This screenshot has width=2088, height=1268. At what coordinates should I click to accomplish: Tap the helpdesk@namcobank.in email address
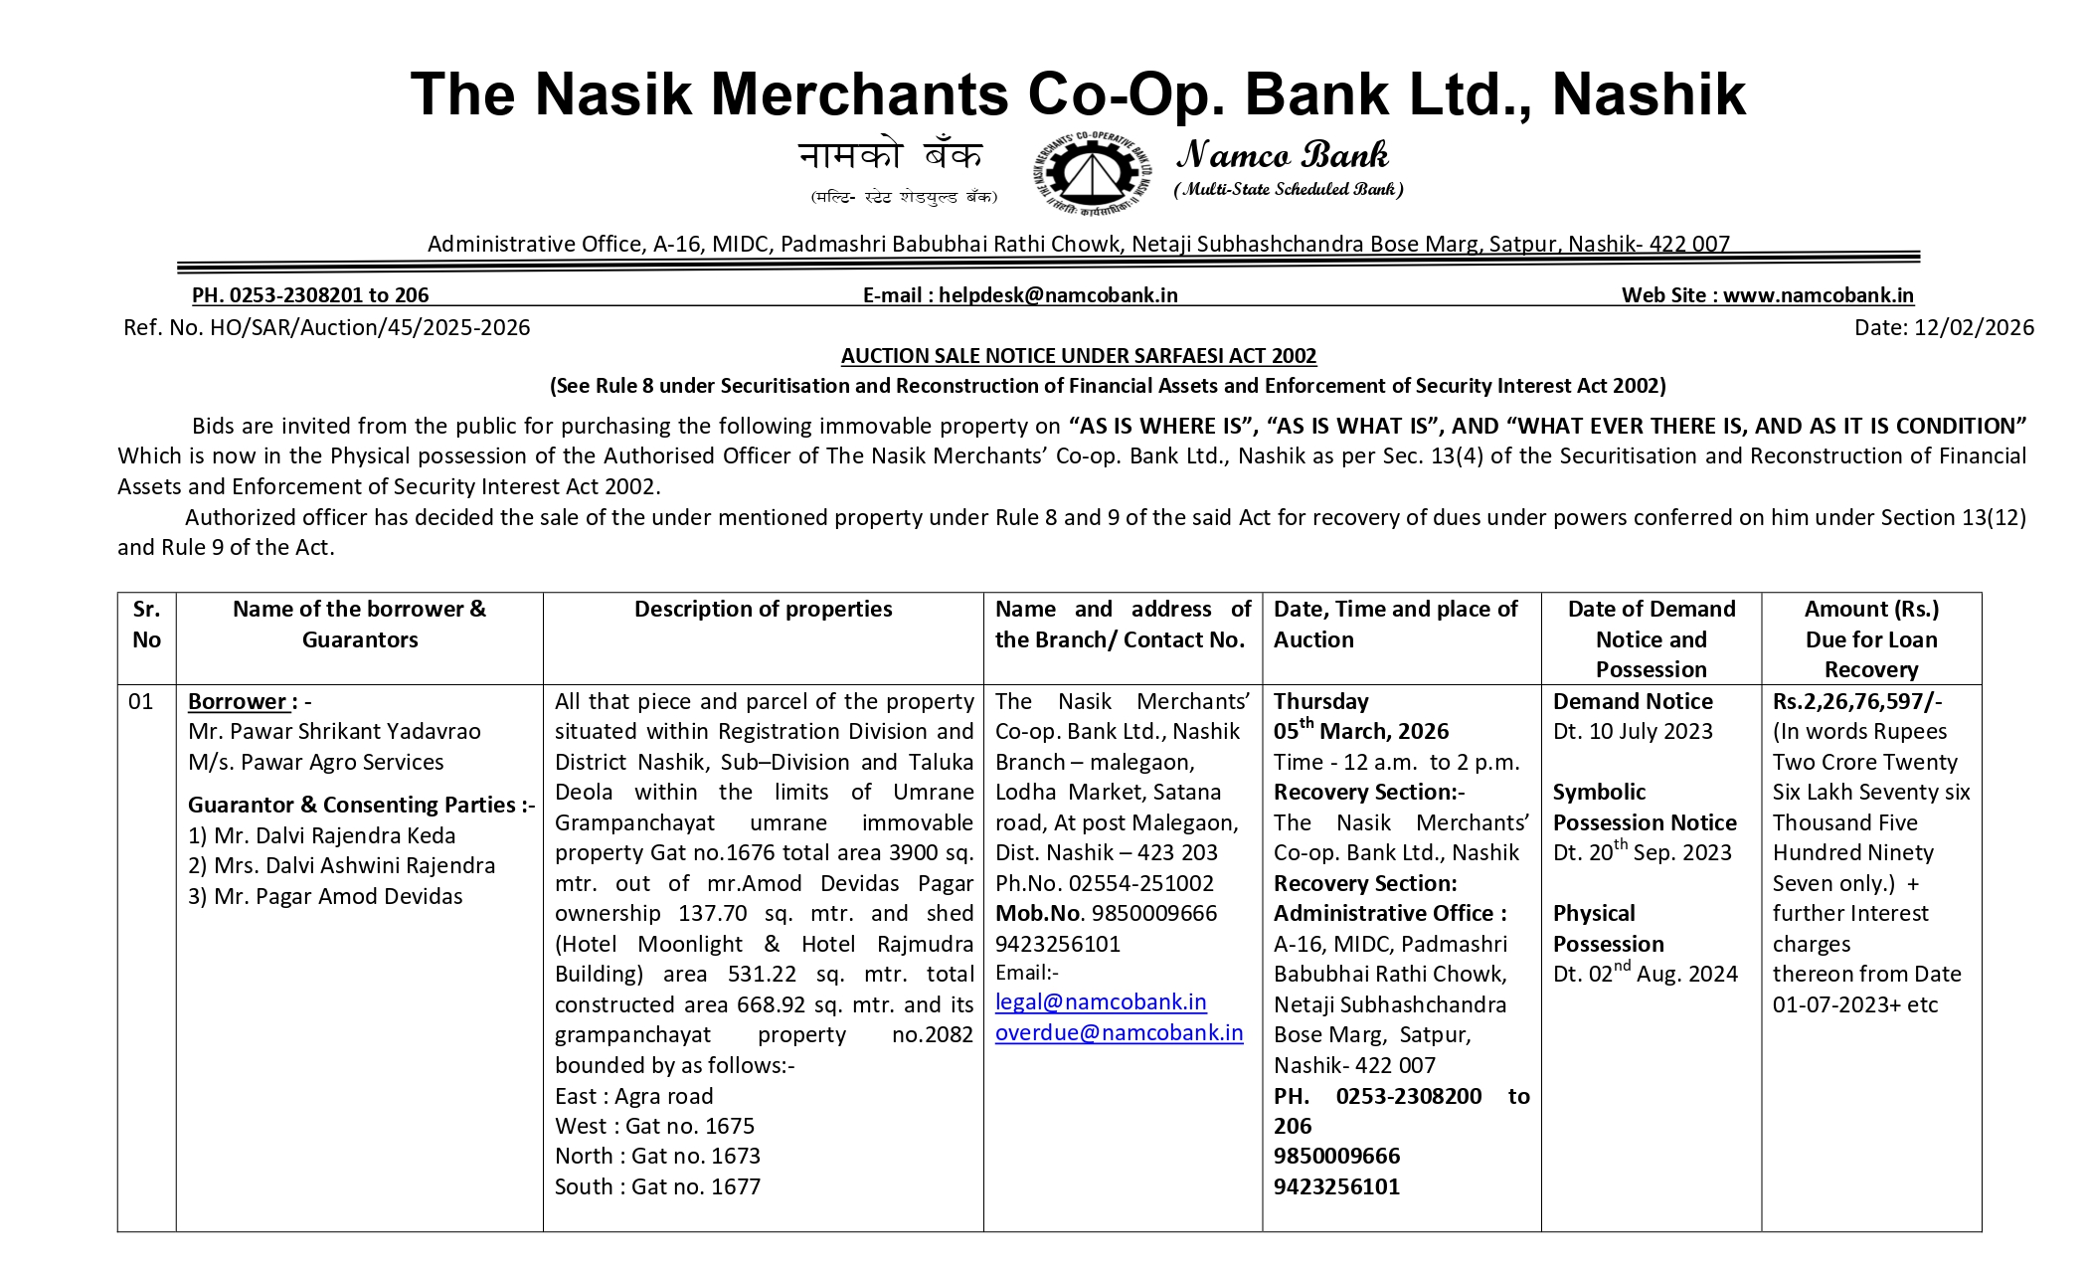point(1058,295)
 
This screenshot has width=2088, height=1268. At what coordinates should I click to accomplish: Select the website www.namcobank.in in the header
point(1818,295)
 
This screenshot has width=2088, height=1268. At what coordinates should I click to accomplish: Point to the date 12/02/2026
point(1974,327)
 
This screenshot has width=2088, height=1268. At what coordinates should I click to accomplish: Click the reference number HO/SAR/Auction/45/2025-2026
point(370,327)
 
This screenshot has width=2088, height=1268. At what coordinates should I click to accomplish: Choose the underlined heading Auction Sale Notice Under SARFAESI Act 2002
point(1078,356)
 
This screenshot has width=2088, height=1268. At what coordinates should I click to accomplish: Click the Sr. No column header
point(146,624)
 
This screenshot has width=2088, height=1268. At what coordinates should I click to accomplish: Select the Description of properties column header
point(763,609)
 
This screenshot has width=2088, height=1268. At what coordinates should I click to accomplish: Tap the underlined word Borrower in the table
point(237,701)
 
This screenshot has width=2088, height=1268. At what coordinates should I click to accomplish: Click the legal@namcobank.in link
point(1101,1002)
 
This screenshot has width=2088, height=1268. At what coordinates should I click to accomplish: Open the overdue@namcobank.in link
point(1119,1033)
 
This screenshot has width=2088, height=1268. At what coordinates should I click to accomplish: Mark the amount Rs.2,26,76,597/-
point(1856,701)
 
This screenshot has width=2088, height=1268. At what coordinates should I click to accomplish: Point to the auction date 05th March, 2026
point(1360,731)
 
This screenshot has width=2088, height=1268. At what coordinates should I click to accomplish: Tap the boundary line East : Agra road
point(633,1096)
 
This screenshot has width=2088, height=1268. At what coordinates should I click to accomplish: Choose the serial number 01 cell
point(141,701)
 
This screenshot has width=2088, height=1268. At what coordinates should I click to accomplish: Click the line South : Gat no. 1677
point(657,1186)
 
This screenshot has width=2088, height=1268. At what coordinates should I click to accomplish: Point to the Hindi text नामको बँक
point(890,156)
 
